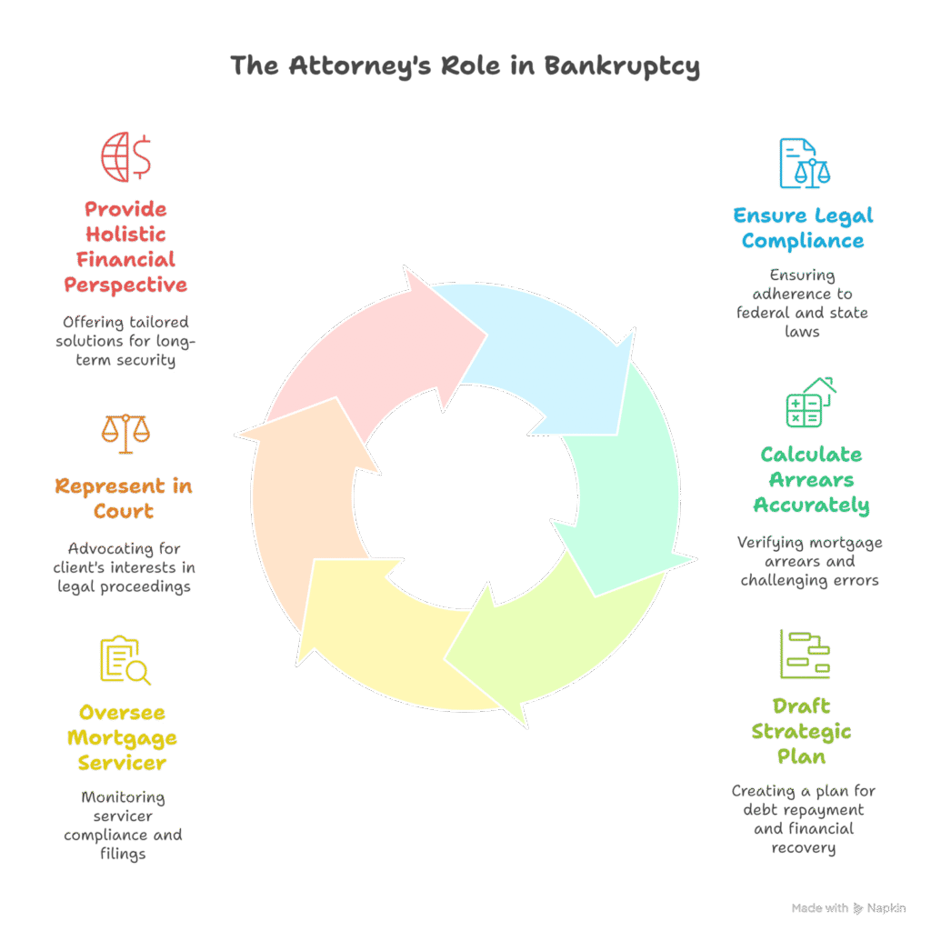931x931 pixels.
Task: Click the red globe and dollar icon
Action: tap(126, 156)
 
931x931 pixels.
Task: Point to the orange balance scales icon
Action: tap(125, 434)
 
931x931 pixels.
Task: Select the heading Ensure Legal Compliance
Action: tap(803, 228)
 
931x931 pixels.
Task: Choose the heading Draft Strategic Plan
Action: tap(800, 731)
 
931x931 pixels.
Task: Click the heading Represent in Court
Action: tap(124, 498)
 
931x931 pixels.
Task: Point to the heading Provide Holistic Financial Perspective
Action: tap(125, 247)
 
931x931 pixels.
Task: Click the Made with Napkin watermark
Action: tap(848, 908)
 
